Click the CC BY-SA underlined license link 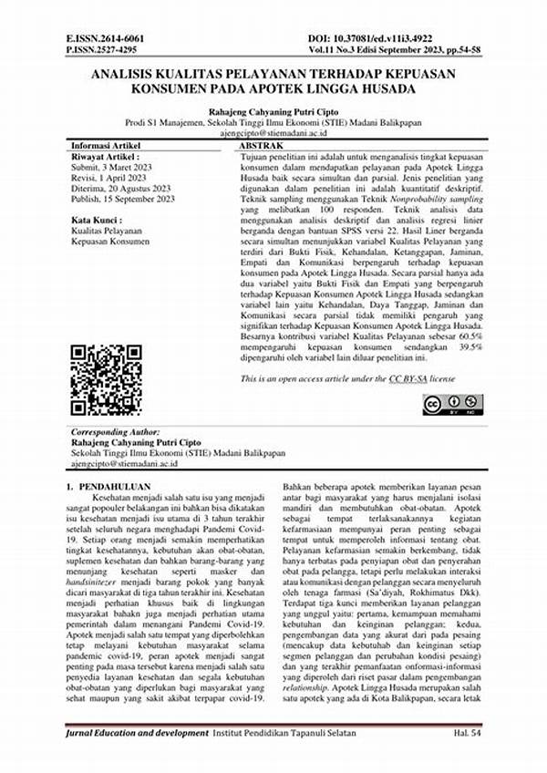coord(409,377)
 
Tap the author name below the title coord(274,108)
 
